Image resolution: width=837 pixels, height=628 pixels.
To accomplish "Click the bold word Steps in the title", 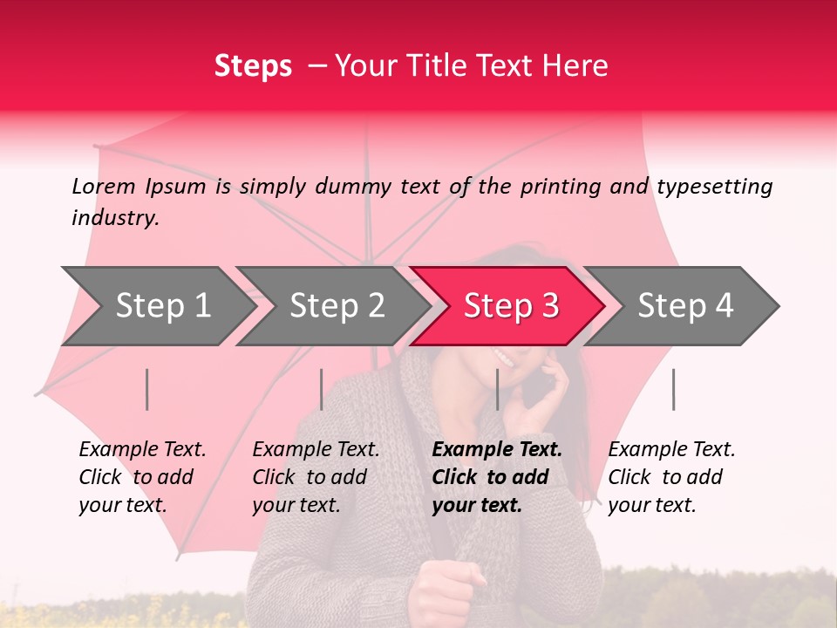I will (x=253, y=66).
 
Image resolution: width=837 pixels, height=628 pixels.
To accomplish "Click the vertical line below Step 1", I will (x=147, y=389).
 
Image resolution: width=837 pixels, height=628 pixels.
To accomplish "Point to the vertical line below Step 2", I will (x=322, y=389).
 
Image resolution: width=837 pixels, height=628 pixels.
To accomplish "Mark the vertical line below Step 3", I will (x=498, y=389).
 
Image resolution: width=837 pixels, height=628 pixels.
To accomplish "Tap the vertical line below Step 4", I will (x=673, y=389).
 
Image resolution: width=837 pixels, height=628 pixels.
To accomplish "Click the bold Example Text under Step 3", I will (x=497, y=477).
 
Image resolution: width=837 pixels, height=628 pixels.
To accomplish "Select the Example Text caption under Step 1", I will (x=142, y=477).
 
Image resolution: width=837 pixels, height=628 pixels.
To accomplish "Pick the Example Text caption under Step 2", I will (x=316, y=477).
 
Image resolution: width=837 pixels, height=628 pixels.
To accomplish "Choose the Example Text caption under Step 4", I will (x=671, y=477).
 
